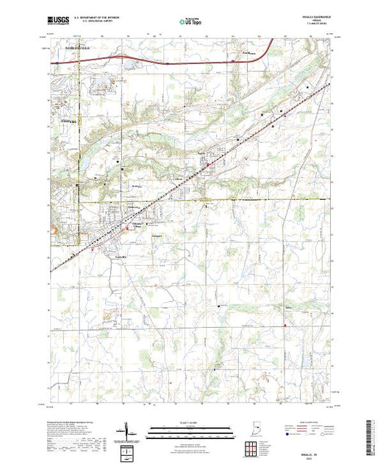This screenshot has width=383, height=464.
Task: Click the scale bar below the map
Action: pyautogui.click(x=187, y=429)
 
